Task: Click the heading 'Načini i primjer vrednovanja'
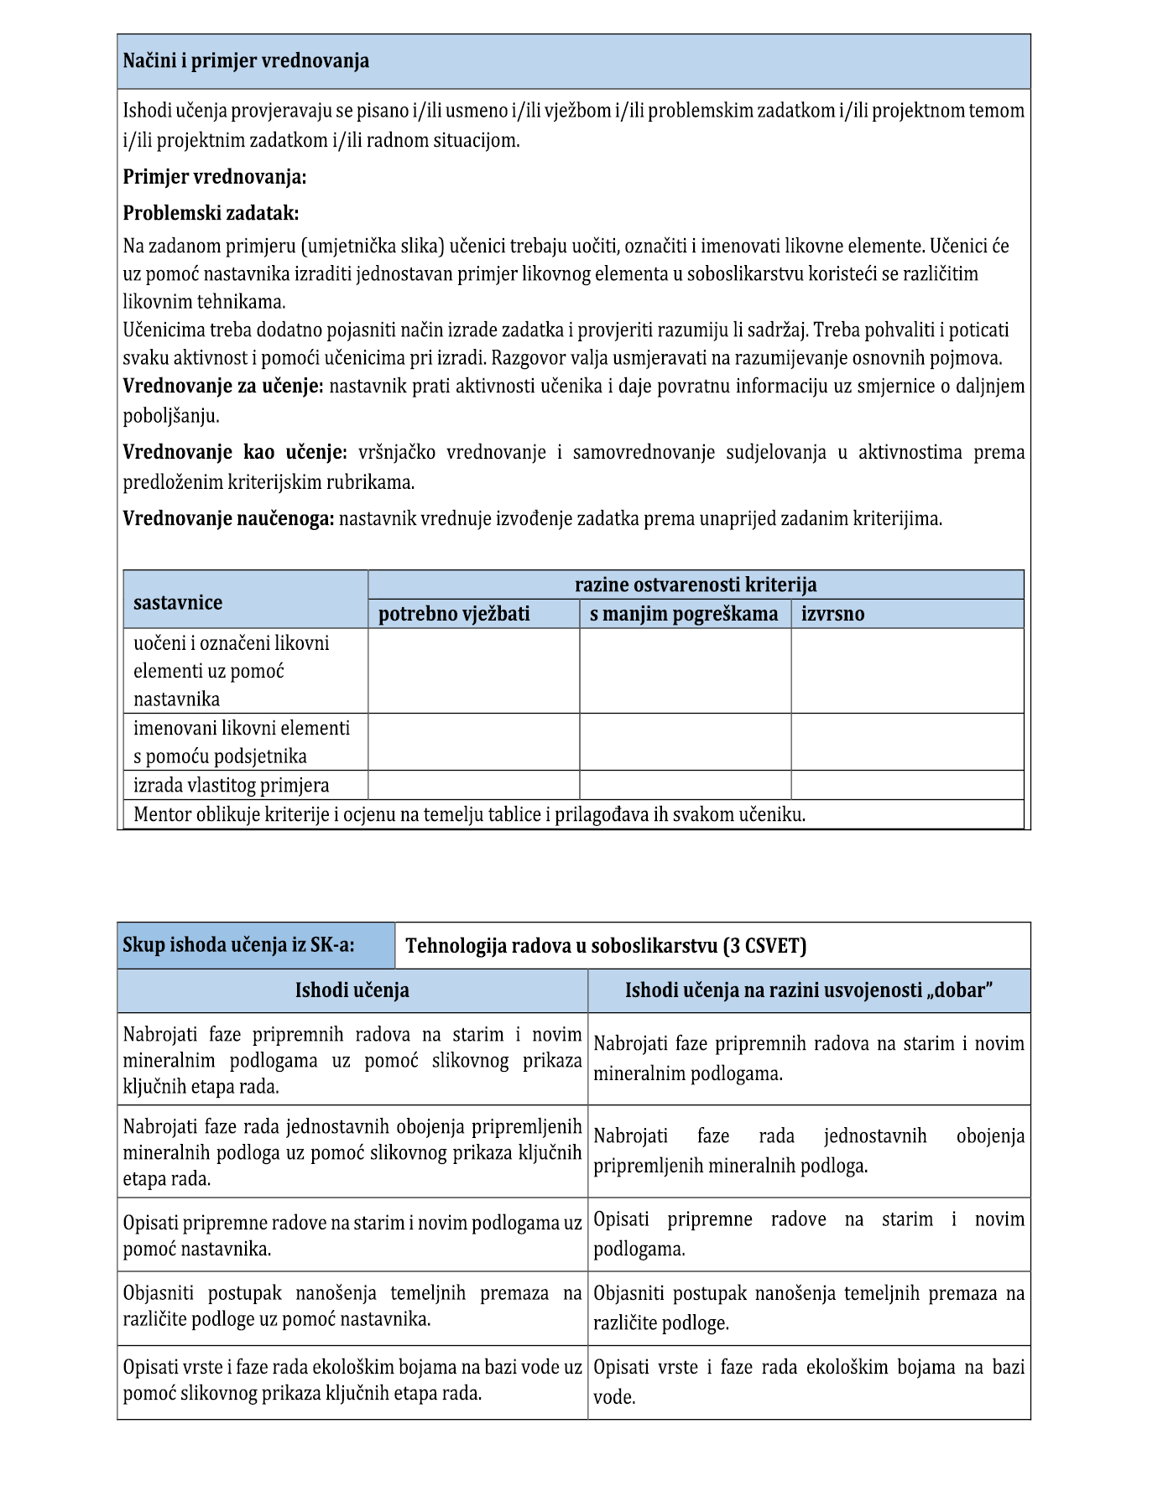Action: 246,61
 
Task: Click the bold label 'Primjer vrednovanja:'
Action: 215,177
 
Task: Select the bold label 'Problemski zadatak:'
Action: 211,213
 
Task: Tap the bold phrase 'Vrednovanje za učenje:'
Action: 223,387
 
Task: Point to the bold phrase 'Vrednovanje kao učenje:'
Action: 235,453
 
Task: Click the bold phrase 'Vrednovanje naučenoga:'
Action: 228,519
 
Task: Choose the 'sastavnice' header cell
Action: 178,602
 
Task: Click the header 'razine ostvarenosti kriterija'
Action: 695,585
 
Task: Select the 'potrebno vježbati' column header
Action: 454,614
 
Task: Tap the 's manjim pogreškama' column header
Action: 683,614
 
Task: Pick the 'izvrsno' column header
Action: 832,614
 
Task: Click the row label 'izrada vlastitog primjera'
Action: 232,785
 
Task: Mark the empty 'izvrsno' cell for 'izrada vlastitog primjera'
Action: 906,785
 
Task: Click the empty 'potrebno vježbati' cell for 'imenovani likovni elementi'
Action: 473,742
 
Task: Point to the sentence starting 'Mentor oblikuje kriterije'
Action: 469,814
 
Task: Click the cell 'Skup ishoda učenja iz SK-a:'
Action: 238,945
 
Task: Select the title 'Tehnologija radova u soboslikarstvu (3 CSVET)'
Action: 606,946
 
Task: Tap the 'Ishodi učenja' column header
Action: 352,990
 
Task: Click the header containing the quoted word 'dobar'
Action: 808,990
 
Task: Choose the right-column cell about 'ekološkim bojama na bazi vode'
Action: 808,1381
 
